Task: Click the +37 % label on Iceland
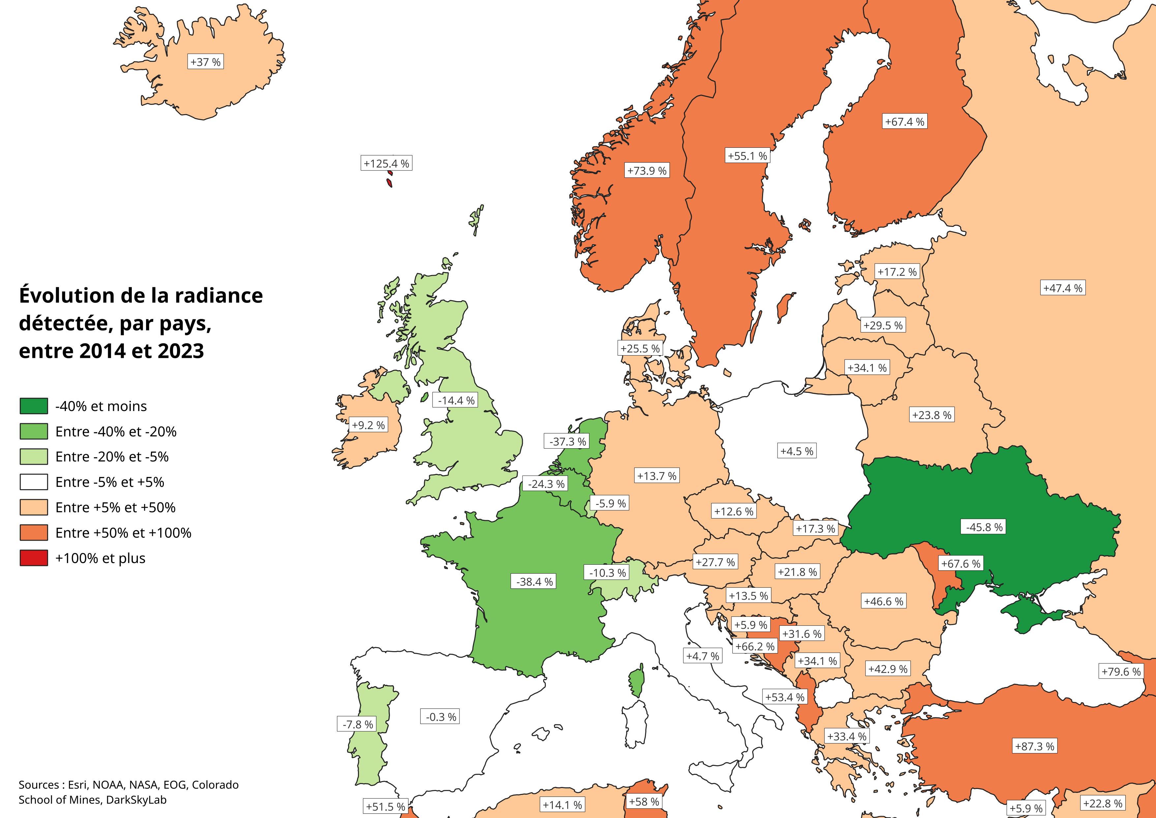(205, 62)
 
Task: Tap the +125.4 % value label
(386, 163)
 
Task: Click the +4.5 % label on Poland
(796, 451)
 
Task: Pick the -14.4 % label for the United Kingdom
(456, 400)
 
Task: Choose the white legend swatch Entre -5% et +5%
(34, 482)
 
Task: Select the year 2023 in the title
(181, 351)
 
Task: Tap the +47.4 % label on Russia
(1062, 288)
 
